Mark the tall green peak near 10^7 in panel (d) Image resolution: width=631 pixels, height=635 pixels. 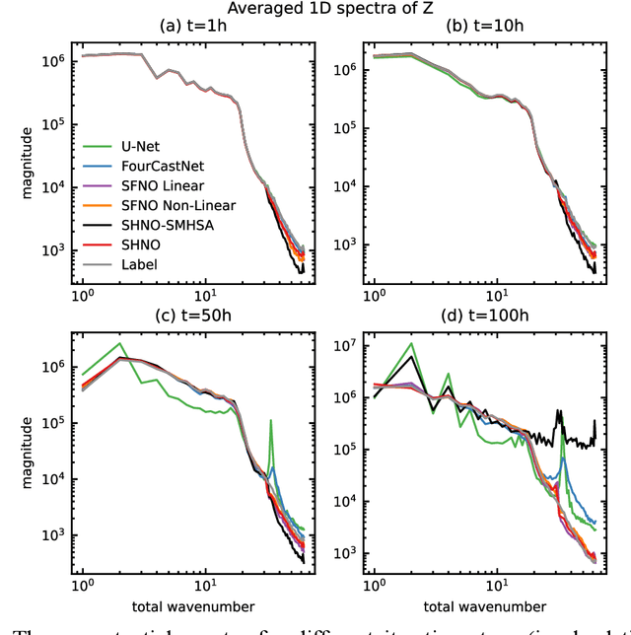411,344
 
